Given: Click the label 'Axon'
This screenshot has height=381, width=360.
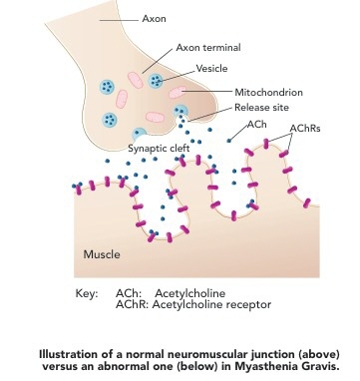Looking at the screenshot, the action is (x=154, y=19).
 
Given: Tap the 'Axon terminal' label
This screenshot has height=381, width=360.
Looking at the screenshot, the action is (x=208, y=48).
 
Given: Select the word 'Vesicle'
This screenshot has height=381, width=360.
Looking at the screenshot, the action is (x=211, y=69).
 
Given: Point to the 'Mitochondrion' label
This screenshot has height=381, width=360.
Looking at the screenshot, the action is (x=268, y=92).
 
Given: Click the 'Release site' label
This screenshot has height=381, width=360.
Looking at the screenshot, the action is (x=261, y=108).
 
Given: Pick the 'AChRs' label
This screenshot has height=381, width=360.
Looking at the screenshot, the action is (x=305, y=129).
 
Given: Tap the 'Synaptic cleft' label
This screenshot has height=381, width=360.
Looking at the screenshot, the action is (x=159, y=149).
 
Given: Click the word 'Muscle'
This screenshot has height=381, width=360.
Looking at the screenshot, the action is (x=102, y=254).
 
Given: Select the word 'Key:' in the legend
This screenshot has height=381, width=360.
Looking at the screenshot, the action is (x=87, y=294).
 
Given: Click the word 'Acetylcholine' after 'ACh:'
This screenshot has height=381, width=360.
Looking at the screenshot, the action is (x=190, y=293).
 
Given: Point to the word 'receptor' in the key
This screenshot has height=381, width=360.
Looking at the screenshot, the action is (x=249, y=305).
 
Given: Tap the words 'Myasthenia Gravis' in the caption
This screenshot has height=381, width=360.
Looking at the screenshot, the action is (x=286, y=366).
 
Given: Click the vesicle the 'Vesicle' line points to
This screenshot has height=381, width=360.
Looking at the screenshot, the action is (x=156, y=81).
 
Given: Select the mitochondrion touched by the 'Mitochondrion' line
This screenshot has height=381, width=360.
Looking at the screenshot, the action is (x=178, y=92).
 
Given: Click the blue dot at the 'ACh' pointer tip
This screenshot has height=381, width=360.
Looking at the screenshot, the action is (x=229, y=141).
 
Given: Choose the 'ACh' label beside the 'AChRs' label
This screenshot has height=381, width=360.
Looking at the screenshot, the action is (x=257, y=125).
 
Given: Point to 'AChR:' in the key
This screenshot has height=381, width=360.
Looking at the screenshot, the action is (x=132, y=305).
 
